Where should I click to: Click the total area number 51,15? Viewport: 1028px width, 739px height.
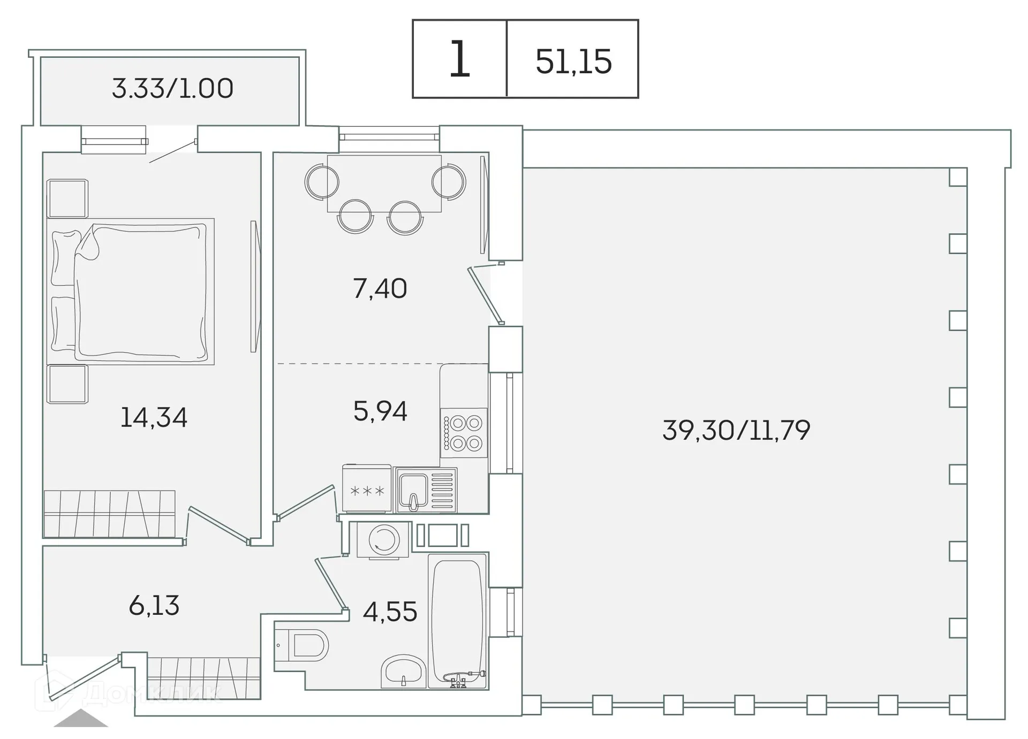tap(573, 61)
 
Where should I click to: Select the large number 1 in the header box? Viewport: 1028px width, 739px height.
tap(459, 59)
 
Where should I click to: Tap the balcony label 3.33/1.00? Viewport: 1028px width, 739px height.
tap(172, 88)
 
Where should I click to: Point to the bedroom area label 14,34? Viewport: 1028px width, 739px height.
tap(154, 417)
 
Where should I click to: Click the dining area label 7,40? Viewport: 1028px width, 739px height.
tap(380, 288)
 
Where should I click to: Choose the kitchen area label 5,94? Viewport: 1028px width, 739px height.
tap(380, 411)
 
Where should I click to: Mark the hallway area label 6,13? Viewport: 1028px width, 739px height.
tap(154, 605)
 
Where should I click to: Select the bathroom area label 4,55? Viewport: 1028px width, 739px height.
tap(390, 612)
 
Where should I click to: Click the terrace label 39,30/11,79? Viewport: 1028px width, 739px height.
tap(736, 430)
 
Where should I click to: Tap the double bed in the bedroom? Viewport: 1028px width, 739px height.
tap(131, 292)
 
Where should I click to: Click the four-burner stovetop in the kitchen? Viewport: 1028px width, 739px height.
tap(464, 433)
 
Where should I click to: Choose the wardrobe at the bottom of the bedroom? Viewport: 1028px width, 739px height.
tap(110, 514)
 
